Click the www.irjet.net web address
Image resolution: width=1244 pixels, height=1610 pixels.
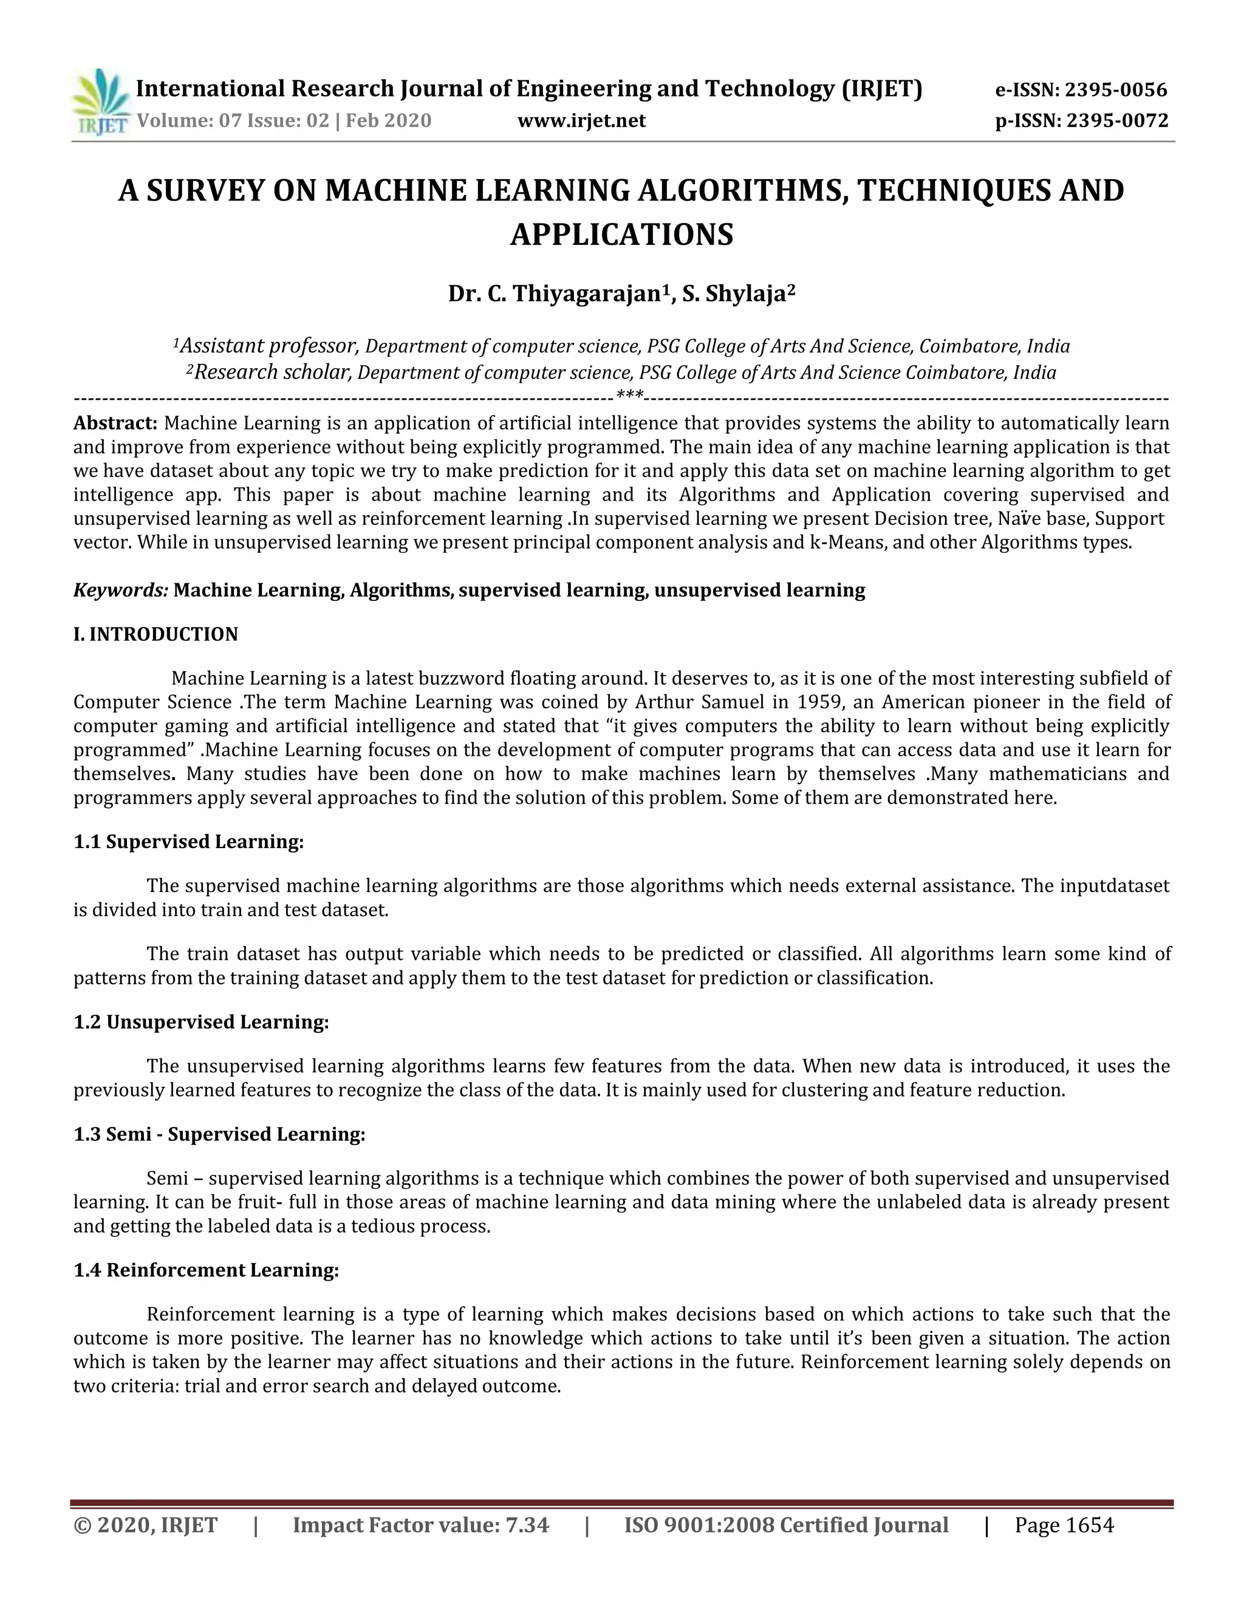pyautogui.click(x=581, y=121)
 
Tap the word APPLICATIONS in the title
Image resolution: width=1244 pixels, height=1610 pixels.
pyautogui.click(x=621, y=235)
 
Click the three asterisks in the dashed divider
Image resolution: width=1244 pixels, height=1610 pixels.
pyautogui.click(x=629, y=396)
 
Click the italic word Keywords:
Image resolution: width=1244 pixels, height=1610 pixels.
pyautogui.click(x=121, y=590)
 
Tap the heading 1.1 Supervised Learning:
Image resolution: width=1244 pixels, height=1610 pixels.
pyautogui.click(x=189, y=842)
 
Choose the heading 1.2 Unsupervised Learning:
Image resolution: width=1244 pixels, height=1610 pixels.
pyautogui.click(x=201, y=1022)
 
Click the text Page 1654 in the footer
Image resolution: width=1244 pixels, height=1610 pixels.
pyautogui.click(x=1064, y=1524)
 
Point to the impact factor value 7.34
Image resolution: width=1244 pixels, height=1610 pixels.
pyautogui.click(x=527, y=1524)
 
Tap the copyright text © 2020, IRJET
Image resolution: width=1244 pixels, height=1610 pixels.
pyautogui.click(x=145, y=1524)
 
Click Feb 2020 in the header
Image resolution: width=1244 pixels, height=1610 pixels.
pyautogui.click(x=388, y=121)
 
